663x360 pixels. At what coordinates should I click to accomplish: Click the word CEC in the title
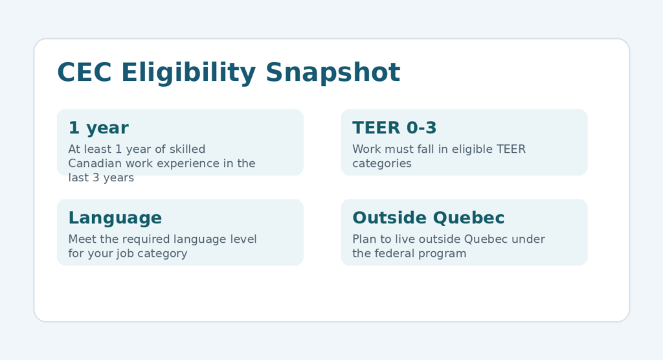coord(85,73)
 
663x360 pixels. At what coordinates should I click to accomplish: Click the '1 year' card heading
coord(98,128)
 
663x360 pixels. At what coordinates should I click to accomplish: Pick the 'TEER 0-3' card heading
coord(394,128)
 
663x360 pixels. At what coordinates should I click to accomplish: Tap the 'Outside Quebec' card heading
coord(429,218)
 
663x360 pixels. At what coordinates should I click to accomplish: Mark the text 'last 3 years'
coord(101,178)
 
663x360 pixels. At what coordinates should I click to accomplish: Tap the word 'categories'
coord(382,164)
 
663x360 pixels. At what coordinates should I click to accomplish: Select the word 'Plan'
coord(364,240)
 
